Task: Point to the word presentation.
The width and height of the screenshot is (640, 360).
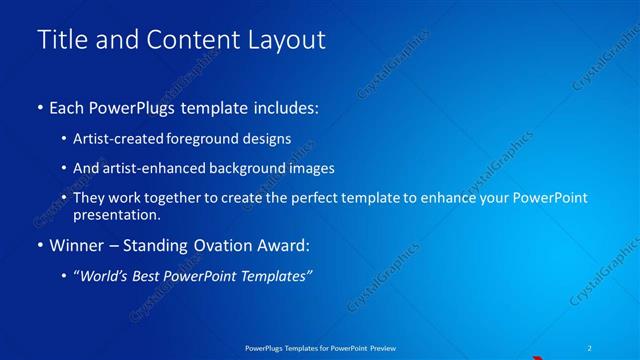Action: tap(116, 214)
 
